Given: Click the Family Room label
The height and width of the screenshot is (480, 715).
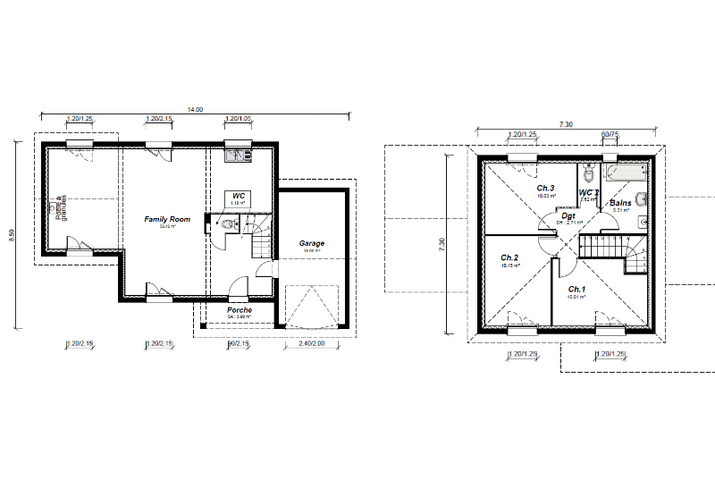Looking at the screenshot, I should click(168, 219).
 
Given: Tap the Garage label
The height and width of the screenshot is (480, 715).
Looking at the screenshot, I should click(312, 243).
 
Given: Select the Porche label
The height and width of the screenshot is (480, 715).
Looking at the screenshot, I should click(239, 310).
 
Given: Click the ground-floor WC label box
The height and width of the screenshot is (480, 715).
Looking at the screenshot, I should click(239, 197).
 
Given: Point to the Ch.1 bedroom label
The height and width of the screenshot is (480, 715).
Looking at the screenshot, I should click(576, 290).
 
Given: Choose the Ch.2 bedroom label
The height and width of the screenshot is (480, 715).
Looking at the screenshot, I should click(509, 257).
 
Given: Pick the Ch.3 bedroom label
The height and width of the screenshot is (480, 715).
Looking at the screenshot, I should click(545, 189).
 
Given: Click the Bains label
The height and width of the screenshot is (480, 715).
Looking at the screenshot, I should click(621, 204).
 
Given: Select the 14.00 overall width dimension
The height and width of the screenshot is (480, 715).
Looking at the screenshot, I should click(194, 109).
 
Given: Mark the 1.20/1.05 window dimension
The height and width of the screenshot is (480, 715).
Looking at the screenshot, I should click(238, 118).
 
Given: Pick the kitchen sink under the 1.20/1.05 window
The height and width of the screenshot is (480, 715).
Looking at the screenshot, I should click(238, 157).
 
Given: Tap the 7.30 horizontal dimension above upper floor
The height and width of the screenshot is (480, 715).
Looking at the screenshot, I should click(565, 125).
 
